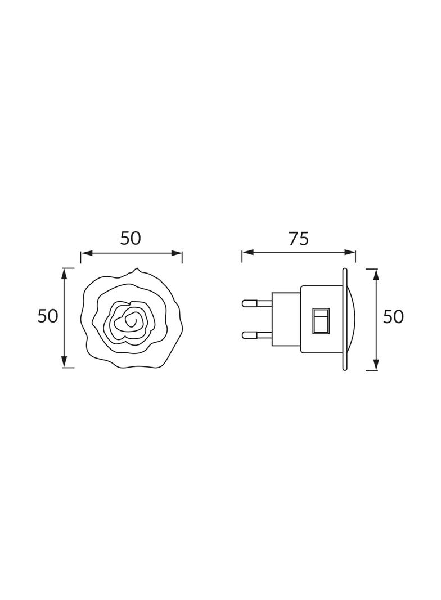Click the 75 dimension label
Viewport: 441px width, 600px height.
pyautogui.click(x=299, y=239)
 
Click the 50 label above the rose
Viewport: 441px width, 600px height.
pyautogui.click(x=130, y=239)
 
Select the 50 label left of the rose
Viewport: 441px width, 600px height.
pyautogui.click(x=48, y=316)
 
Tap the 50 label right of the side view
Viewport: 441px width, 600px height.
pyautogui.click(x=393, y=317)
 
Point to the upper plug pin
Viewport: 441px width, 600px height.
pyautogui.click(x=256, y=303)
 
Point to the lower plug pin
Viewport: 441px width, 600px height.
pyautogui.click(x=256, y=335)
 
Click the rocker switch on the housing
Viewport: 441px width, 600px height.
pyautogui.click(x=322, y=319)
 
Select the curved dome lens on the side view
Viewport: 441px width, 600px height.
pyautogui.click(x=352, y=319)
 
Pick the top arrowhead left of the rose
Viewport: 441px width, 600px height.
pyautogui.click(x=65, y=273)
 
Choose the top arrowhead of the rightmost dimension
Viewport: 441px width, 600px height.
pyautogui.click(x=375, y=274)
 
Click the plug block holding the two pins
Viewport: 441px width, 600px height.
pyautogui.click(x=286, y=319)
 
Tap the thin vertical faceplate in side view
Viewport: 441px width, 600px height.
pyautogui.click(x=344, y=319)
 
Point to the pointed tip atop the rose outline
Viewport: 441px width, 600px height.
pyautogui.click(x=135, y=270)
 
